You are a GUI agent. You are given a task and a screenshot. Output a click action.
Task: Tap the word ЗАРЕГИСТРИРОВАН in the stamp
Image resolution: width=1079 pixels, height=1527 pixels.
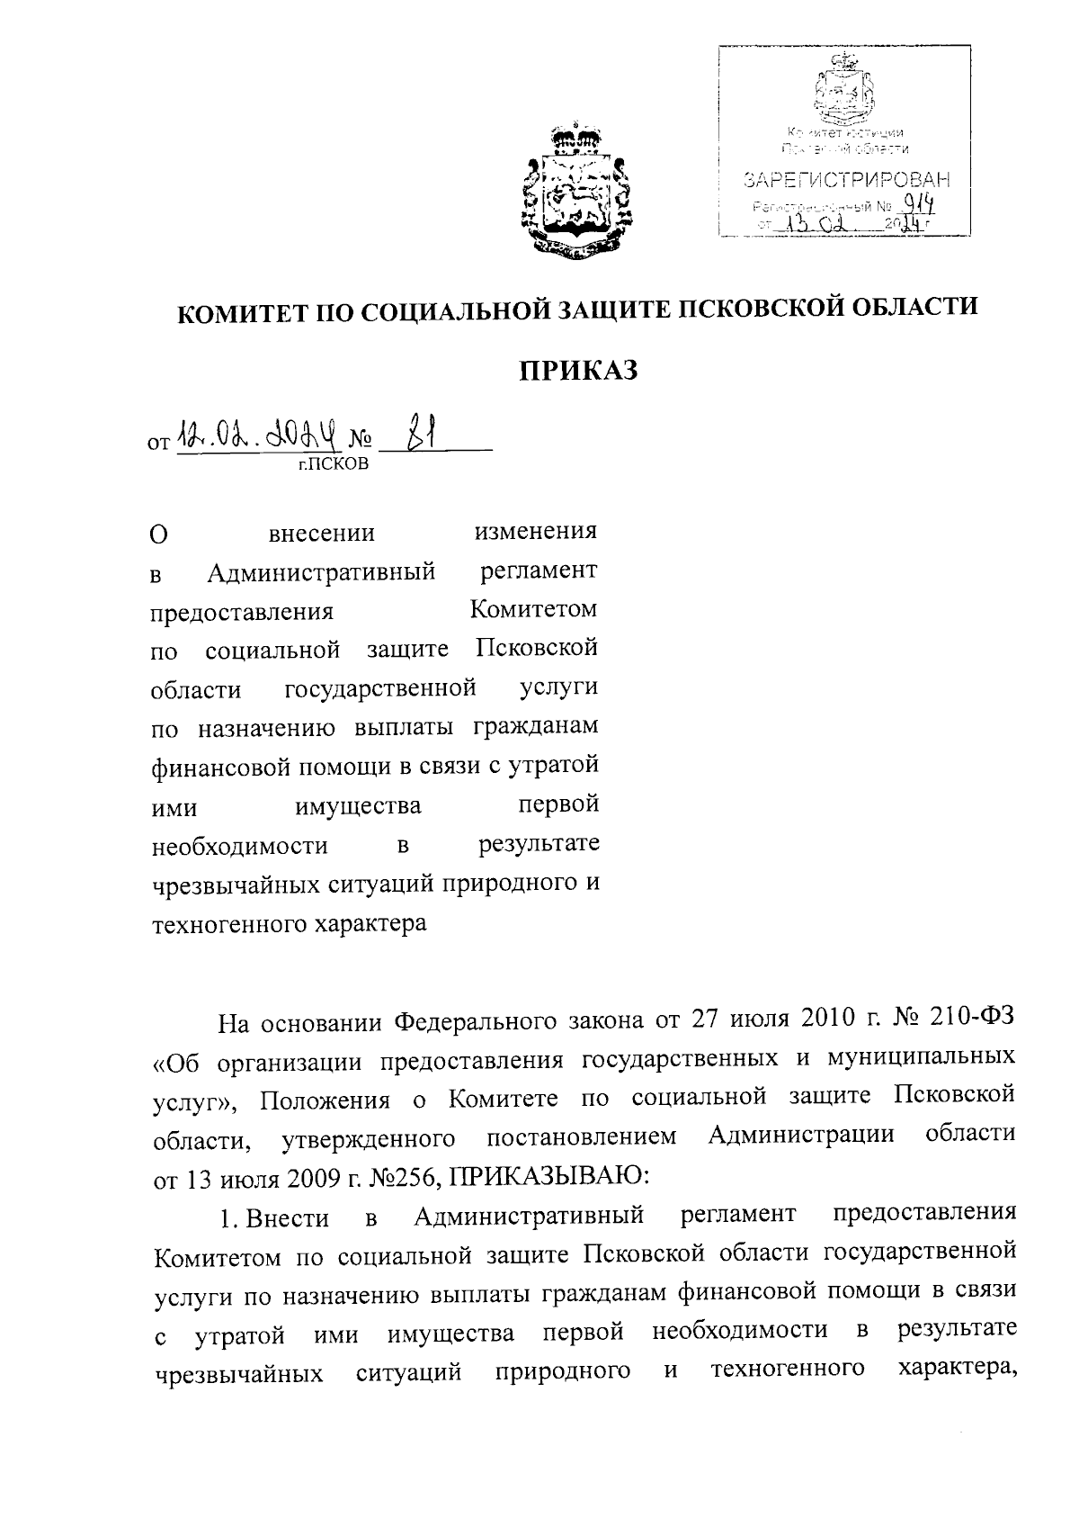coord(847,180)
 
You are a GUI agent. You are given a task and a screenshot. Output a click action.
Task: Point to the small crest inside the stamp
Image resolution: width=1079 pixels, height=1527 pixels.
coord(843,90)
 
